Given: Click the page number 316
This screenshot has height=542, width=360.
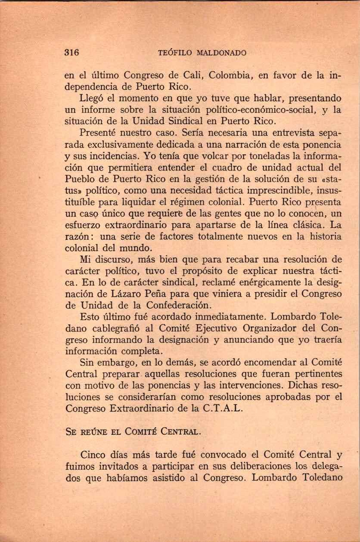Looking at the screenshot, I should [71, 53].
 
